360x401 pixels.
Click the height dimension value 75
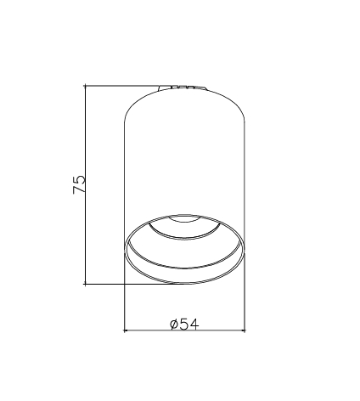point(79,184)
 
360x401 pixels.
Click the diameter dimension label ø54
point(184,324)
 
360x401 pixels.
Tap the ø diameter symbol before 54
point(174,325)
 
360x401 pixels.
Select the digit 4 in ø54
point(194,324)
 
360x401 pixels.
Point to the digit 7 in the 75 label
point(79,189)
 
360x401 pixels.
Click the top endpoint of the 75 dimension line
point(85,85)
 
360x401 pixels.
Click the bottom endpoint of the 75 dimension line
point(85,284)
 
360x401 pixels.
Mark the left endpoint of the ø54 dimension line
point(125,330)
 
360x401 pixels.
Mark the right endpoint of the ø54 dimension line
point(245,330)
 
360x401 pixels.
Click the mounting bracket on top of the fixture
point(183,88)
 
